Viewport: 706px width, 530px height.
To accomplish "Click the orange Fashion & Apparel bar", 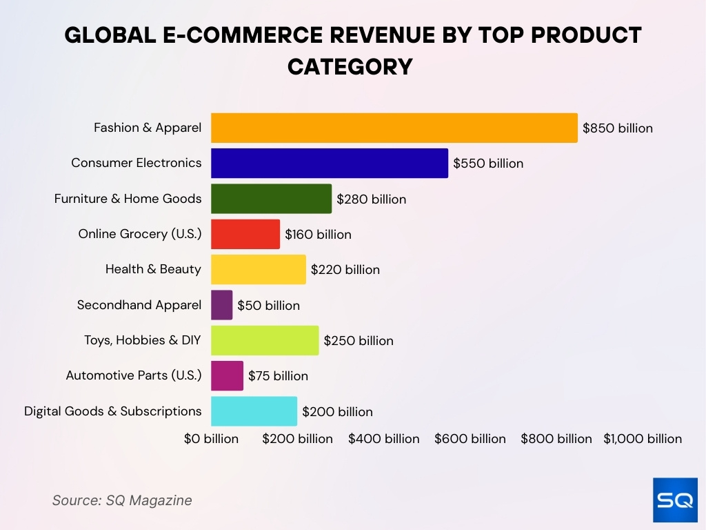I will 394,128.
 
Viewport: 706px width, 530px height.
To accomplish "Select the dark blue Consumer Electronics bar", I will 329,164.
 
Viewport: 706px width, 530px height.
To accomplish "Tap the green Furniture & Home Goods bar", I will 271,199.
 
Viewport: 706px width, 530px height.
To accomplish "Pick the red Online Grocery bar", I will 245,234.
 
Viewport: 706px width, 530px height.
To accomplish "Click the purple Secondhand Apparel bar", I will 221,305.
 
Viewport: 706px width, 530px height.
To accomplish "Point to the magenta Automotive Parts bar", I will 227,376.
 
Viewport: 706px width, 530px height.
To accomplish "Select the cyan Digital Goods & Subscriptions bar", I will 254,411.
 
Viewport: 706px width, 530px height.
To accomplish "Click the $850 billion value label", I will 617,128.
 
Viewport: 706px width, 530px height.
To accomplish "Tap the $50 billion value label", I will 268,305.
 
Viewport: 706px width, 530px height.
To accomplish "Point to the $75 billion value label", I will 278,376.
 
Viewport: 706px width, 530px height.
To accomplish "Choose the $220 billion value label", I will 345,270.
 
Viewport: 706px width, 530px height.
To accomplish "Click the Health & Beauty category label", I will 153,269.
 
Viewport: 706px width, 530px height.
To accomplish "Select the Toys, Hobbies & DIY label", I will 143,340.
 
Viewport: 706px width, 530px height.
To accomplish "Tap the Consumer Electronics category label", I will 137,164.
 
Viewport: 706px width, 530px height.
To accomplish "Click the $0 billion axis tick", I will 211,439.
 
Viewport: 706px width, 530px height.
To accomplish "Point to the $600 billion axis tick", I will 470,439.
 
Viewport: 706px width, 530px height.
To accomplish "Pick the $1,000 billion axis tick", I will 643,439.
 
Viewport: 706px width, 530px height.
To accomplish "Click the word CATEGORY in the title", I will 350,67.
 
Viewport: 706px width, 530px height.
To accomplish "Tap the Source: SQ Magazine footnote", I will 122,500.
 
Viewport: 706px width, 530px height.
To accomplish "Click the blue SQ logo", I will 675,500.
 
